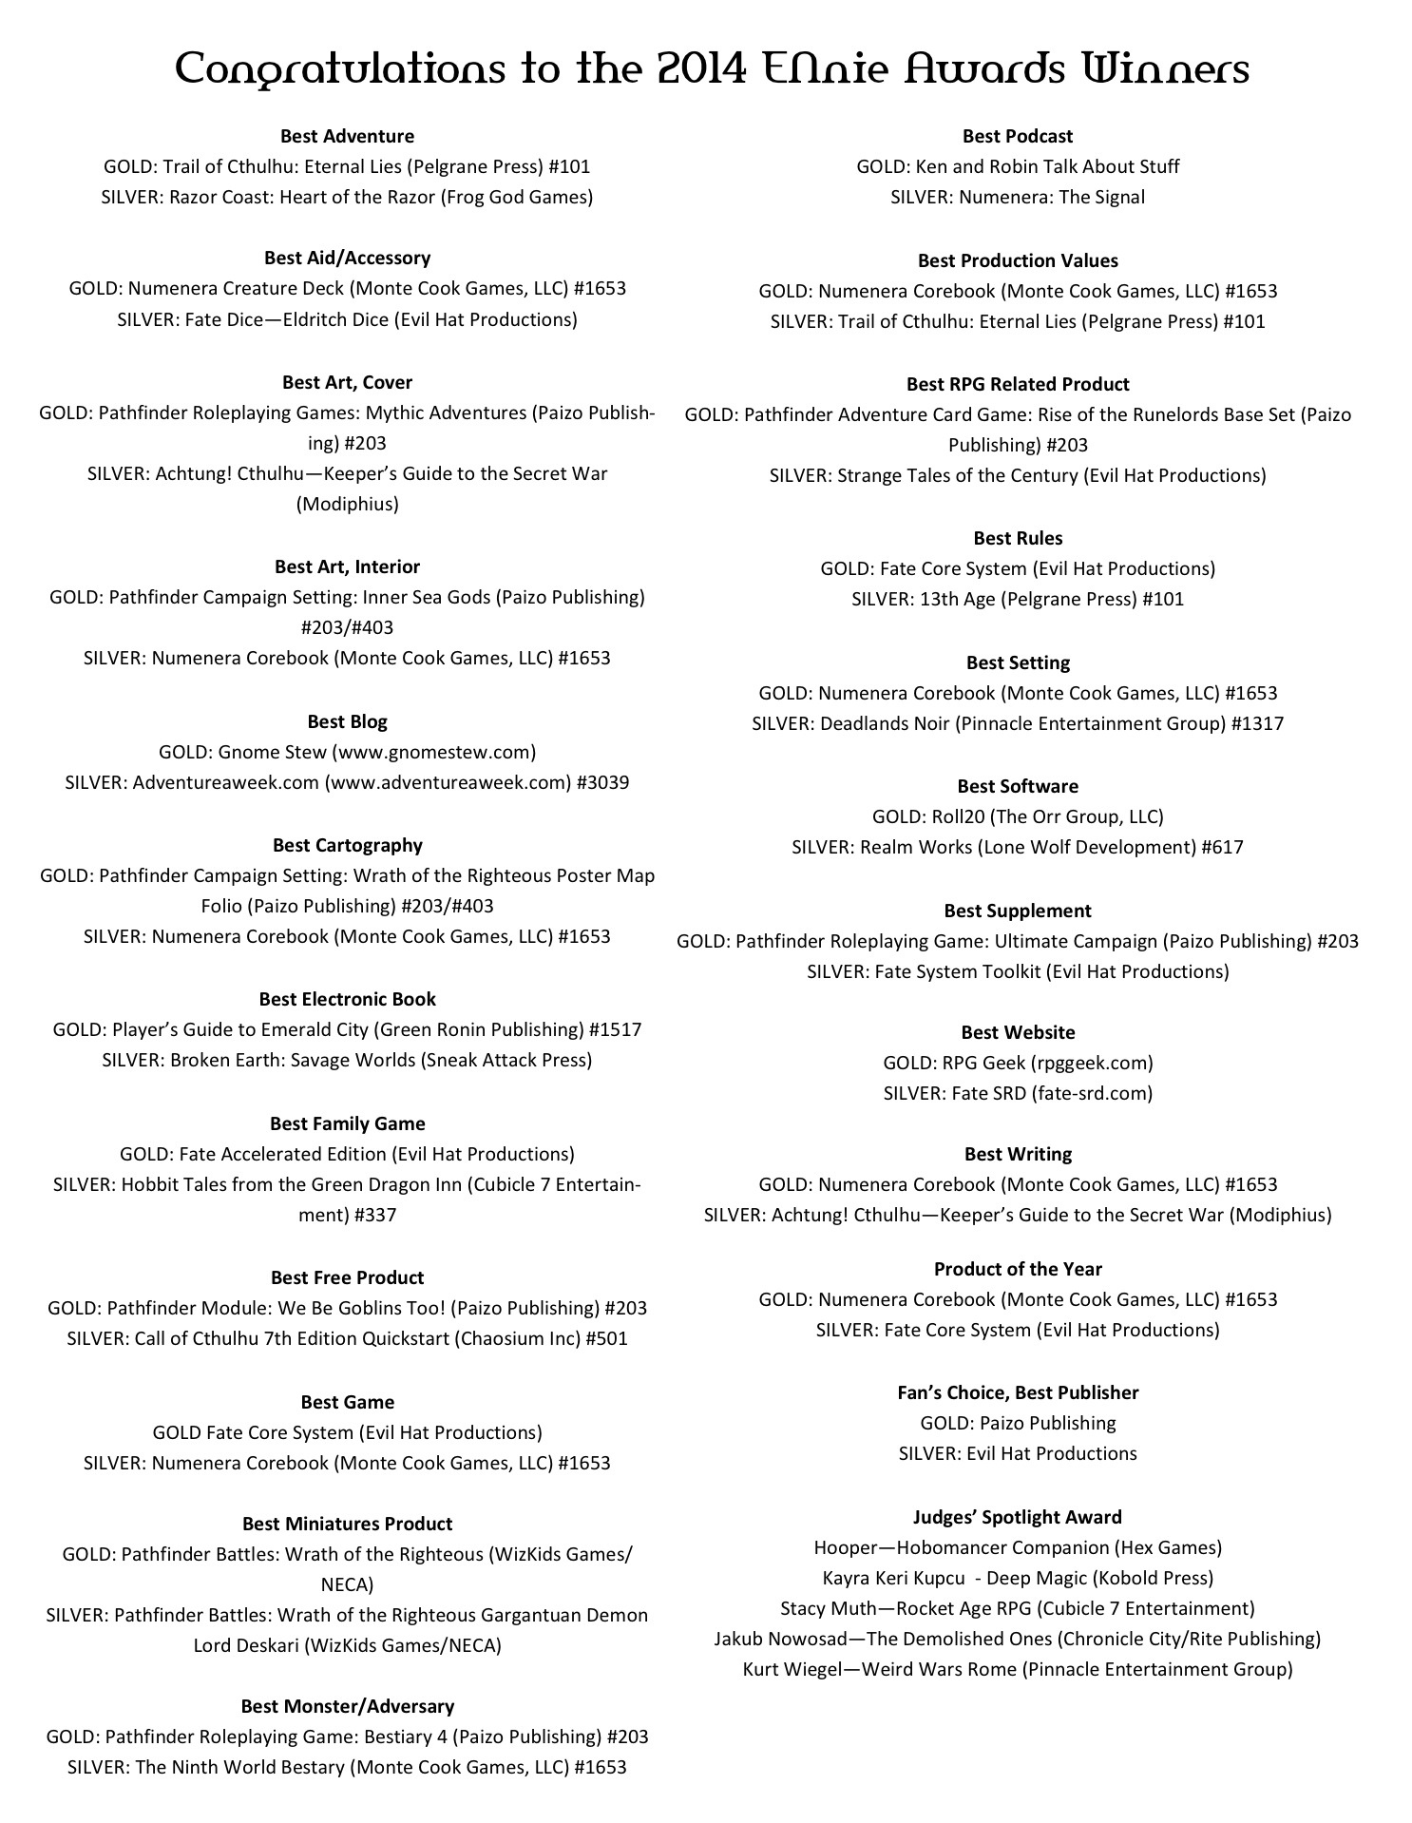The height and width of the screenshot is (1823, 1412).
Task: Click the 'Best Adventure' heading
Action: [x=347, y=136]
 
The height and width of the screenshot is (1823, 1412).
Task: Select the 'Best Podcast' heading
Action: [x=1017, y=136]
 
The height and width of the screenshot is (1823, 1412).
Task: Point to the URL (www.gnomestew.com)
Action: [x=433, y=752]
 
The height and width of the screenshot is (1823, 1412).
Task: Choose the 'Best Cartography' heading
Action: [x=347, y=845]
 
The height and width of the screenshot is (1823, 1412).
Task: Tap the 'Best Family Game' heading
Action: [x=347, y=1123]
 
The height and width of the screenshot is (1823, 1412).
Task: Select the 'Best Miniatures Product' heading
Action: [x=347, y=1524]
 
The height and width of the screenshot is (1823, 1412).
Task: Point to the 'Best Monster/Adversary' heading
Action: [x=347, y=1706]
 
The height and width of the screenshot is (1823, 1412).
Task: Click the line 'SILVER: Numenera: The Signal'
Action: [x=1017, y=197]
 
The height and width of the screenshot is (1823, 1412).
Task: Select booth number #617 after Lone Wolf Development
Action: [x=1222, y=847]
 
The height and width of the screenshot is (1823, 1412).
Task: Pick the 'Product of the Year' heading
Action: [x=1017, y=1269]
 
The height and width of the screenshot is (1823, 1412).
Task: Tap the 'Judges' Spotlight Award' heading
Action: [x=1017, y=1517]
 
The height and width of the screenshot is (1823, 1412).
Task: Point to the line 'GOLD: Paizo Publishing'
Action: [x=1017, y=1423]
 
